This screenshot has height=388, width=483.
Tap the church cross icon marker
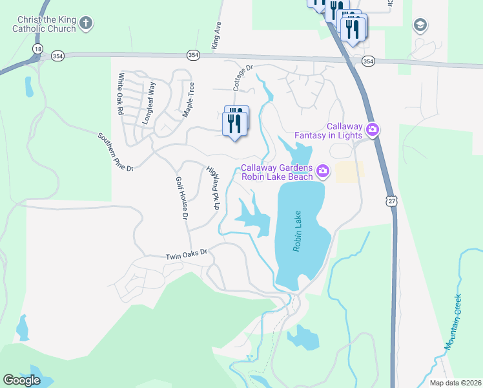(x=85, y=24)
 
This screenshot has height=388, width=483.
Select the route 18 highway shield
(x=39, y=49)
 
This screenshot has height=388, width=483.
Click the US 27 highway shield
(x=392, y=202)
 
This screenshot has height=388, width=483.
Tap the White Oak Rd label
(x=120, y=93)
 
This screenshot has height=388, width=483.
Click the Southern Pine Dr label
(x=115, y=152)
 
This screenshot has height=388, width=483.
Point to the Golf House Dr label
(x=180, y=197)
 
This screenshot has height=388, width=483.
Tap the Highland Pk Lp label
(x=212, y=188)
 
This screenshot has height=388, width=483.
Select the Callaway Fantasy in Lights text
(x=329, y=131)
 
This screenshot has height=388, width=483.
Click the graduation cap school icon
(x=420, y=25)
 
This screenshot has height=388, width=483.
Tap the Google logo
(x=21, y=380)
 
